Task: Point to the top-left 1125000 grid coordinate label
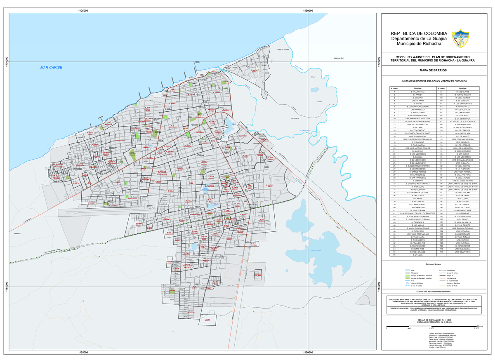[x=83, y=10]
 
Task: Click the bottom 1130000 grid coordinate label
[x=308, y=353]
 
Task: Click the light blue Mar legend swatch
[x=402, y=270]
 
